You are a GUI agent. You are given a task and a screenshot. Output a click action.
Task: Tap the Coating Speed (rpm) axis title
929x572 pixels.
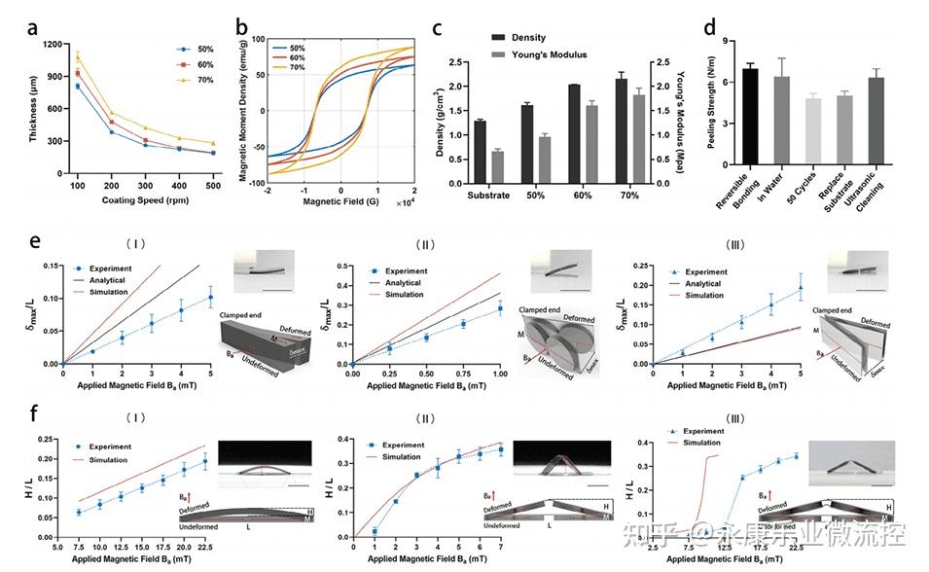click(143, 201)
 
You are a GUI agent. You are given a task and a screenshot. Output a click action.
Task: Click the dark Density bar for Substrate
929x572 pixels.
click(480, 151)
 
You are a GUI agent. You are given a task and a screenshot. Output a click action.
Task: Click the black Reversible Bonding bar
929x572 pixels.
click(749, 126)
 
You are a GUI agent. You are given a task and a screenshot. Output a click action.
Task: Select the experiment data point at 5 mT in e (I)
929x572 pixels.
click(210, 297)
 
